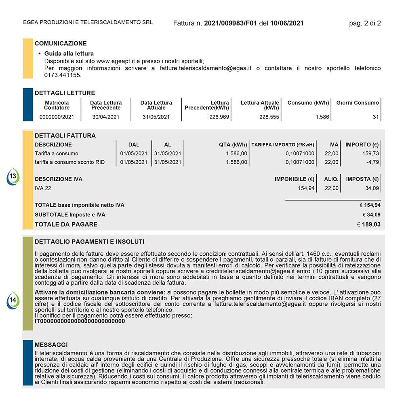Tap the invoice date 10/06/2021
287,23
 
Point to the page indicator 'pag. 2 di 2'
365,23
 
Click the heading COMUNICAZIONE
61,44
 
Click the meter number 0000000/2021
57,117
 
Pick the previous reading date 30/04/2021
106,117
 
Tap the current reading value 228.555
269,117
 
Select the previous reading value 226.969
219,117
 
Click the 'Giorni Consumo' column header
358,103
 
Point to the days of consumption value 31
376,117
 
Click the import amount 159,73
370,154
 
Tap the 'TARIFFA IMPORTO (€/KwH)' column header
283,144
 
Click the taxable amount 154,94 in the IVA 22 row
306,188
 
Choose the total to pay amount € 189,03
368,225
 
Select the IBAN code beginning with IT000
80,321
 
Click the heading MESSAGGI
51,345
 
